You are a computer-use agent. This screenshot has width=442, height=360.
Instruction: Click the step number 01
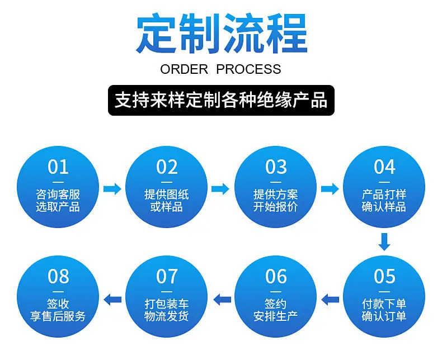click(58, 167)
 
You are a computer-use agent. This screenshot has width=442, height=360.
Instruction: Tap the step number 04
click(384, 167)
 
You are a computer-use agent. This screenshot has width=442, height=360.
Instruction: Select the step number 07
click(167, 276)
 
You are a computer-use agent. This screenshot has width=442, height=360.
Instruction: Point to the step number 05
click(384, 276)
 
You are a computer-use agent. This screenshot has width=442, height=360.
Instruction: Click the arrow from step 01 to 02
click(112, 189)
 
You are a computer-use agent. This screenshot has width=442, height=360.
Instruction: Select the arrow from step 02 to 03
click(220, 189)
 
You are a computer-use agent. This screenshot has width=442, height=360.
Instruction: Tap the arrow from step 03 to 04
click(330, 189)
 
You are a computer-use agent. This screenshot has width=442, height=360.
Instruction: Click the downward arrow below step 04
click(384, 241)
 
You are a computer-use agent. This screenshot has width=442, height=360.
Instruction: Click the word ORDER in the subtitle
click(184, 69)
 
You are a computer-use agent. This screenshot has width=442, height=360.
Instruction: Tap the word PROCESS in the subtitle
click(248, 69)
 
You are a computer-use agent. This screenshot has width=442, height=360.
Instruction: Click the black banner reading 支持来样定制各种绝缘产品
click(222, 100)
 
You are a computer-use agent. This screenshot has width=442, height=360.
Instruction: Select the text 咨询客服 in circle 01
click(58, 195)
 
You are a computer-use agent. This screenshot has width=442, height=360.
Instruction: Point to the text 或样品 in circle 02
click(166, 207)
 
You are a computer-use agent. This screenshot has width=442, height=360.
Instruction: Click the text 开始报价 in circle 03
click(275, 207)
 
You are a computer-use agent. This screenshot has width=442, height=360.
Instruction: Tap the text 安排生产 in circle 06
click(275, 316)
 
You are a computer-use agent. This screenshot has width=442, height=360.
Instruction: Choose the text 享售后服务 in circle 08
click(58, 316)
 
